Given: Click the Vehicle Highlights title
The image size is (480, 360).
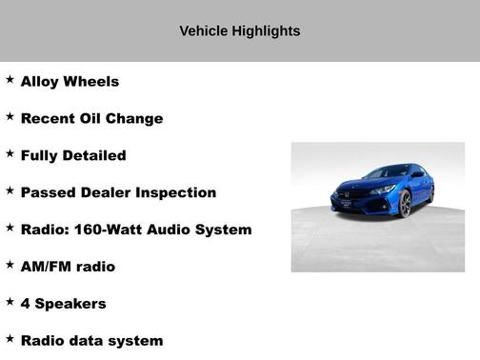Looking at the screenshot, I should (x=240, y=31).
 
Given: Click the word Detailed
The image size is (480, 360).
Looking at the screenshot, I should (x=93, y=155).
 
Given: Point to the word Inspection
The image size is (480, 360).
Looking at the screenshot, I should (x=176, y=192).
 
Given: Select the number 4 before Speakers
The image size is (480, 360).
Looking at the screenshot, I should (x=26, y=304).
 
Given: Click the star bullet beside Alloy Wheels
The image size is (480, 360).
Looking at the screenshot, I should (x=10, y=80).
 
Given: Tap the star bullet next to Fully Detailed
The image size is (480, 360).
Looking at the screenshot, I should (x=10, y=153).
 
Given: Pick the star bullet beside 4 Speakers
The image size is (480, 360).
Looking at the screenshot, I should (x=10, y=302).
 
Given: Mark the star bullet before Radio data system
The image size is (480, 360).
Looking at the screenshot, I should (x=10, y=338).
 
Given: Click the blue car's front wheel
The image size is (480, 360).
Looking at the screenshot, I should (x=404, y=203).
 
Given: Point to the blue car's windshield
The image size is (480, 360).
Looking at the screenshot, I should (x=390, y=173).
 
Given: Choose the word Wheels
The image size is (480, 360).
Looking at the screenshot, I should (x=91, y=82).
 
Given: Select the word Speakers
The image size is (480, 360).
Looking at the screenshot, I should (x=70, y=304).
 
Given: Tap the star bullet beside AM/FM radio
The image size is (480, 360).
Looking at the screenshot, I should (x=10, y=265).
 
